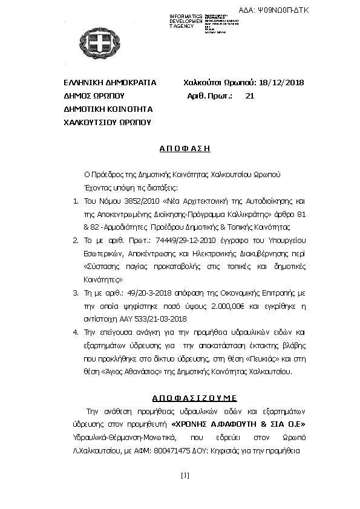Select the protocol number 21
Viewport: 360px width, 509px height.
(x=250, y=96)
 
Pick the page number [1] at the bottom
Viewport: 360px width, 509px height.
(x=185, y=475)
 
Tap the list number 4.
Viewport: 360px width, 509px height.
(x=75, y=332)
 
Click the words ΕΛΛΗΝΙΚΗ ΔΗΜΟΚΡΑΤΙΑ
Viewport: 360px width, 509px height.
(x=102, y=83)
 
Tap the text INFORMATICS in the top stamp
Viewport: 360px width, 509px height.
(x=186, y=16)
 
